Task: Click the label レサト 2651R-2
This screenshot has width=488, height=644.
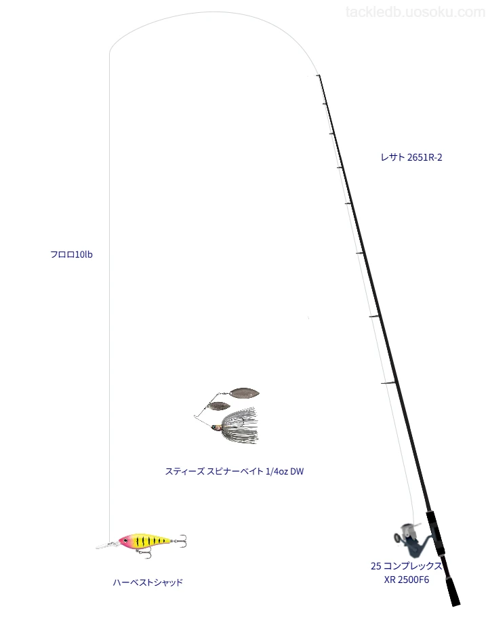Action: pos(411,157)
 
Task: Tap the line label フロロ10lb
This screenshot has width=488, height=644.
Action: pos(71,255)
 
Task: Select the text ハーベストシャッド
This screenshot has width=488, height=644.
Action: pos(148,582)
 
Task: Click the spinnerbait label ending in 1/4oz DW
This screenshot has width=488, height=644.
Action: pos(234,471)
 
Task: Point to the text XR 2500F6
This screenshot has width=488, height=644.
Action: pos(406,580)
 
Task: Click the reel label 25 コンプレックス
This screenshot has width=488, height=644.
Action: pos(406,566)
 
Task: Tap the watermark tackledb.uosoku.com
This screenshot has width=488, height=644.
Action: pos(415,12)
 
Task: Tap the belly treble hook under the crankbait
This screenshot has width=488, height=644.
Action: pos(144,552)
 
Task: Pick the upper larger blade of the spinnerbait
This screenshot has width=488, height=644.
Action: pos(244,393)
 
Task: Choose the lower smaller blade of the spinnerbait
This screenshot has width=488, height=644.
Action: pos(218,406)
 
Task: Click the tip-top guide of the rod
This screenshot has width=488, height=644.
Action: pos(318,76)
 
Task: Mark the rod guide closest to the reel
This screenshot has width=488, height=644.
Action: pos(388,384)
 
